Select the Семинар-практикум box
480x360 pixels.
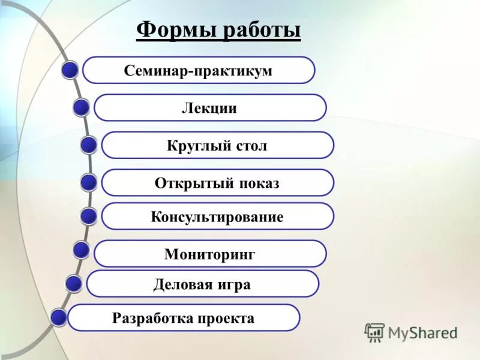pos(198,70)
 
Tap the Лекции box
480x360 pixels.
pos(209,108)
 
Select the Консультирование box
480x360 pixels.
pos(217,217)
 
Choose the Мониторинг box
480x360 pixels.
pos(210,254)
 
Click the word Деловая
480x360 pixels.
pos(182,284)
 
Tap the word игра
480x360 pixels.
pos(235,284)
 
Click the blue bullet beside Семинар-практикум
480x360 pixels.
pos(71,70)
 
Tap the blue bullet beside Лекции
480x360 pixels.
pos(82,108)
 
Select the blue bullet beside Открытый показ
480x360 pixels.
pos(89,182)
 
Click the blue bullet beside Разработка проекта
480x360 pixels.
pos(59,318)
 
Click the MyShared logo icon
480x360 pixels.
pos(374,332)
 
